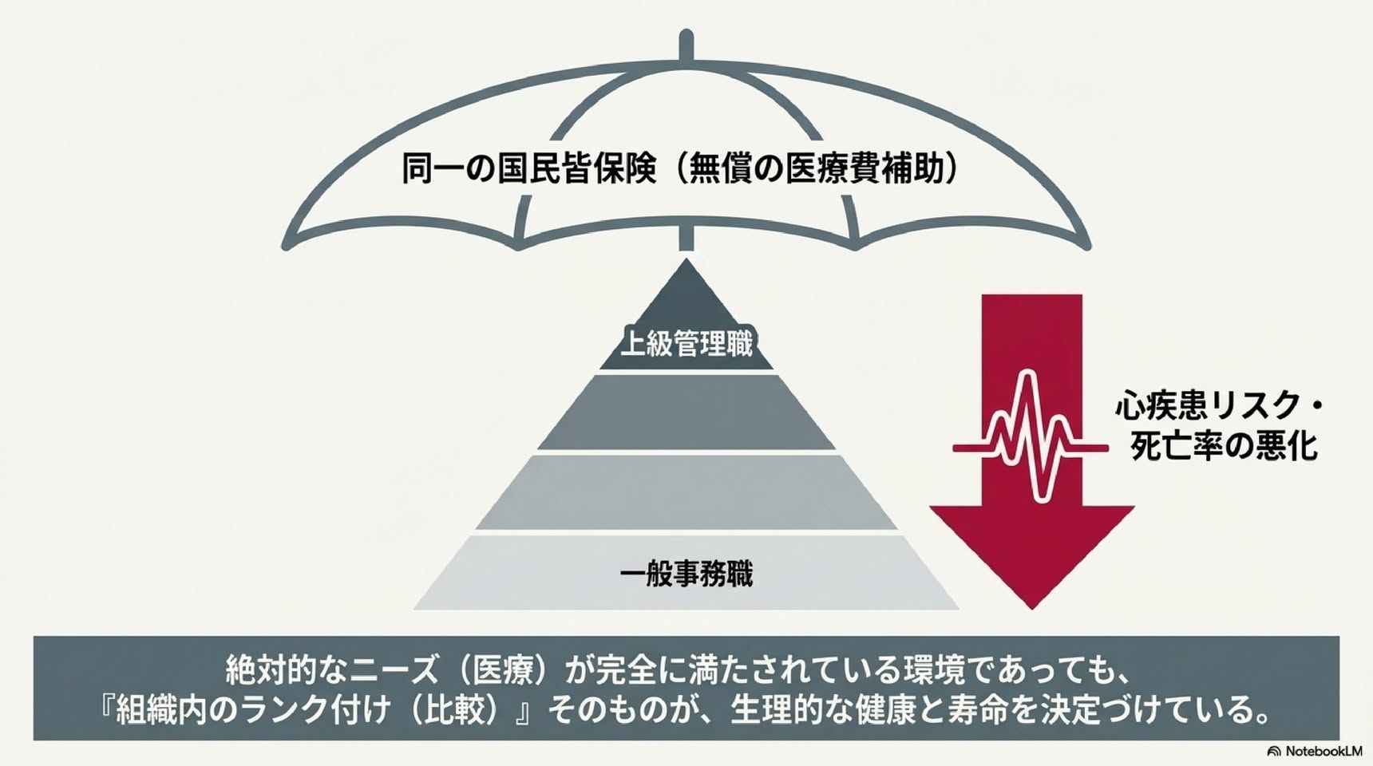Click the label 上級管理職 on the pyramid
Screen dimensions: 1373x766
(x=686, y=344)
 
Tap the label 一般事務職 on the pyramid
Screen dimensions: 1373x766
(x=686, y=574)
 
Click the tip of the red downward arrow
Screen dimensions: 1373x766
(x=1031, y=609)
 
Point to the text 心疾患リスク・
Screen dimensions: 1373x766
(x=1218, y=406)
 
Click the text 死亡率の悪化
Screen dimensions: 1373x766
(x=1224, y=446)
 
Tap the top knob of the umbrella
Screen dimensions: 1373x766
(x=686, y=45)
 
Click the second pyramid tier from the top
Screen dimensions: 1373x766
(x=686, y=412)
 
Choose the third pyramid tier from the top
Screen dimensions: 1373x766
(x=686, y=492)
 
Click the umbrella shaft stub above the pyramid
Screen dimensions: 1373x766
(x=686, y=238)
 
